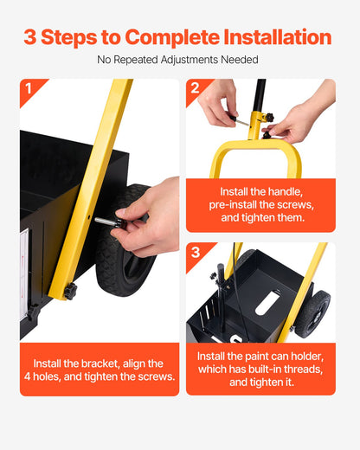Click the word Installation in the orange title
[278, 37]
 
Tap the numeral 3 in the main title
[29, 37]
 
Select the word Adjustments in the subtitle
[190, 60]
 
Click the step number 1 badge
[29, 88]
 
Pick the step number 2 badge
[195, 88]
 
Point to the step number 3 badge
[196, 252]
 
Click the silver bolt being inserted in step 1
[105, 222]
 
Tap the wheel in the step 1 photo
[125, 241]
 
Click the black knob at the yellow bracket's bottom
[70, 291]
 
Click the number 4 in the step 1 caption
[27, 376]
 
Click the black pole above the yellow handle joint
[259, 95]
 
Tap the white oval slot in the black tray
[267, 303]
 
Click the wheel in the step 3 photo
[313, 314]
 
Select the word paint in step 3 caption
[256, 357]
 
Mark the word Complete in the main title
[172, 37]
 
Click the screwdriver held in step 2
[239, 120]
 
